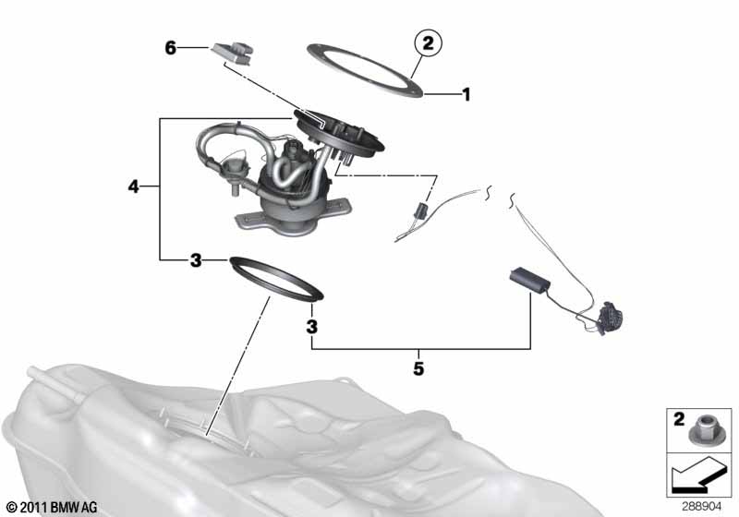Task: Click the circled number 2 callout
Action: [428, 43]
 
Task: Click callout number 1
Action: [466, 95]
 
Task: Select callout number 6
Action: [171, 48]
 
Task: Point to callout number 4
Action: [133, 186]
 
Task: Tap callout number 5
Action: [418, 368]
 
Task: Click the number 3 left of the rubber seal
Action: [196, 260]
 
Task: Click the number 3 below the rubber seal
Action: [311, 327]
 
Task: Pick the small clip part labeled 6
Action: [234, 54]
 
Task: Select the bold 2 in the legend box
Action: [679, 419]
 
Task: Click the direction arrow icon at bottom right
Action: [698, 475]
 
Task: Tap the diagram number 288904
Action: [702, 507]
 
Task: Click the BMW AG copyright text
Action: [53, 507]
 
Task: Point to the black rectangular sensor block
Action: [530, 280]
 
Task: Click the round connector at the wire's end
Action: [612, 318]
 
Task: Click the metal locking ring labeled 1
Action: [364, 71]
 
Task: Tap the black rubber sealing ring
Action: [276, 278]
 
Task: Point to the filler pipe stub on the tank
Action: [55, 384]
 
